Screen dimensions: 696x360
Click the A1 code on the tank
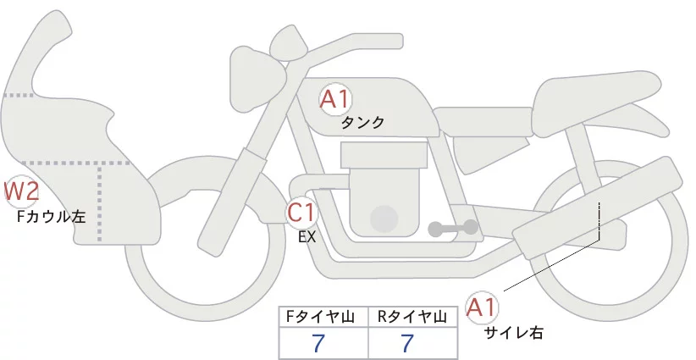coord(335,99)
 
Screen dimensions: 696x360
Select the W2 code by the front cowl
coord(21,191)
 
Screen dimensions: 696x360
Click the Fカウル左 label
coord(52,217)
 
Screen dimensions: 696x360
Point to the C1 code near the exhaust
coord(301,211)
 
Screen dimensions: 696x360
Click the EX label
coord(307,237)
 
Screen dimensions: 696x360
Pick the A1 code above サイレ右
coord(484,307)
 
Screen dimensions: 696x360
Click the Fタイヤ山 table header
coord(323,318)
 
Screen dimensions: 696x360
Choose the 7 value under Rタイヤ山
coord(407,344)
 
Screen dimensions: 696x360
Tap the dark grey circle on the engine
coord(385,218)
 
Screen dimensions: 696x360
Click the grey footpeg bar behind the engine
coord(452,228)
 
